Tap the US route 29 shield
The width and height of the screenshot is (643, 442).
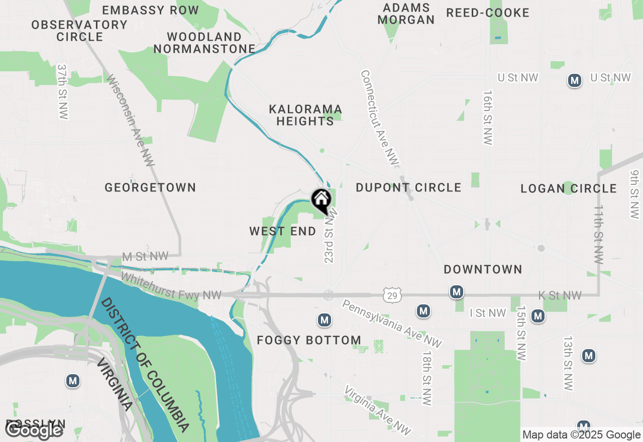392,296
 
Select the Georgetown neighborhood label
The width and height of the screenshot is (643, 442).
150,187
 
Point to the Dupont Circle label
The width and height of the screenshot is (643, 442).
408,187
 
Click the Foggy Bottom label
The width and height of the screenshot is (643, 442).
309,340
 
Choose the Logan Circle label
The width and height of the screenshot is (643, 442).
569,188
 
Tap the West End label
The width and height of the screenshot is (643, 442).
283,231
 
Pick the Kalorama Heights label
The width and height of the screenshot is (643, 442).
305,115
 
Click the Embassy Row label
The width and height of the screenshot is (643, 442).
151,10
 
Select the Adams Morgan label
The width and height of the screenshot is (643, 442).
406,14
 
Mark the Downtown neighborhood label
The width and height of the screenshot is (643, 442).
483,269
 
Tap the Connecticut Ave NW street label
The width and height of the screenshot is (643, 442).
379,118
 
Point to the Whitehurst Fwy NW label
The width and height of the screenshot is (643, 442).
171,286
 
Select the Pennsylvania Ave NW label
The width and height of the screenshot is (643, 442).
392,323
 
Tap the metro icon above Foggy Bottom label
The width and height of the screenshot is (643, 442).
325,319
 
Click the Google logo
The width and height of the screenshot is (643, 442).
34,430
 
